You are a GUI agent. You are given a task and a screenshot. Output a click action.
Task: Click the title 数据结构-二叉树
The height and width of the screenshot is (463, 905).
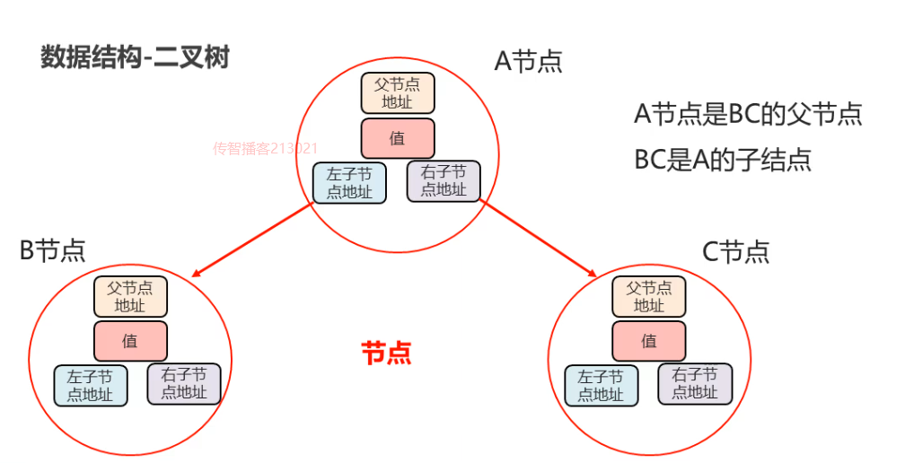135,58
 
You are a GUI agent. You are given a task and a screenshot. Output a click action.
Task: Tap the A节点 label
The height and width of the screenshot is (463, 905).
529,61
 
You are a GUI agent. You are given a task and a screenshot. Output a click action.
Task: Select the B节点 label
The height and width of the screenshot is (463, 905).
52,250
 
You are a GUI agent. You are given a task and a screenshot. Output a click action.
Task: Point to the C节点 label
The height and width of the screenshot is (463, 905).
735,252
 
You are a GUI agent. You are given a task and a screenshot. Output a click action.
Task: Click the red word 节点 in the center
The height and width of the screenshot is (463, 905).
386,353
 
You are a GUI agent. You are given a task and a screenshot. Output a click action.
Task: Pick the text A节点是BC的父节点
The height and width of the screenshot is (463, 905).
748,115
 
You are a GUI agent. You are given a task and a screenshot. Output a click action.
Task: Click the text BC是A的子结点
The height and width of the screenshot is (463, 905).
723,160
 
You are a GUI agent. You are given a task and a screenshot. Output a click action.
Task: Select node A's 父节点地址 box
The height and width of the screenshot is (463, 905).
398,93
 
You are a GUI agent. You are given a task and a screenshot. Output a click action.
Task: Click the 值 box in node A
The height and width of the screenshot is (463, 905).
398,138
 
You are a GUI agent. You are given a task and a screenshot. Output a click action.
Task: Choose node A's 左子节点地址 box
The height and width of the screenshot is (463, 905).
349,183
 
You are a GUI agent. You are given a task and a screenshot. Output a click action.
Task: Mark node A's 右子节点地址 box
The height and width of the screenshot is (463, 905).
444,181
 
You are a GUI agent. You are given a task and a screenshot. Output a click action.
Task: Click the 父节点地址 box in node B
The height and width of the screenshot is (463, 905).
130,296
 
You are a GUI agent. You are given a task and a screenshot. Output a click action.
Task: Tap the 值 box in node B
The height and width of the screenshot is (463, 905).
130,341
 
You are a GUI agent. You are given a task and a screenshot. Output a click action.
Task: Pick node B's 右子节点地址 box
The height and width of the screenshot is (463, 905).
184,384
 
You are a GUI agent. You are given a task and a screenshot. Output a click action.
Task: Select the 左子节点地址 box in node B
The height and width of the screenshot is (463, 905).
91,386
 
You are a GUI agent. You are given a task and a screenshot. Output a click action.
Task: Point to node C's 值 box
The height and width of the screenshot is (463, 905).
649,341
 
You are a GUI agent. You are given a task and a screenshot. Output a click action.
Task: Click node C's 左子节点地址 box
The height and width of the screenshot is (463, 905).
601,386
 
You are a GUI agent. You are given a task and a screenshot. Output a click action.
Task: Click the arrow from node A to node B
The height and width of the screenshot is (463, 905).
252,240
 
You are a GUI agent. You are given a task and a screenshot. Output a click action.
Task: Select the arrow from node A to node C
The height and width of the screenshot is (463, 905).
540,240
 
